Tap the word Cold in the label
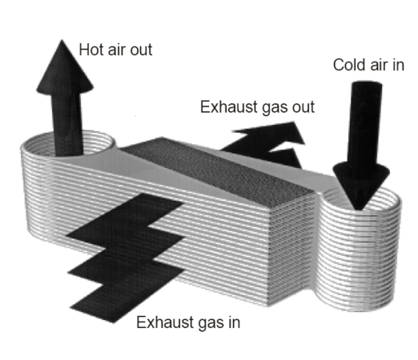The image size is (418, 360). tap(348, 65)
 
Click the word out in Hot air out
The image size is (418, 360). tap(141, 50)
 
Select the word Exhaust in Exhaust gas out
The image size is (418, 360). tap(228, 107)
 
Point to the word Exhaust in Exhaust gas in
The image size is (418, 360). tap(165, 322)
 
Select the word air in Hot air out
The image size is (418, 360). tap(117, 50)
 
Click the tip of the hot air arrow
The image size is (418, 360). tap(62, 40)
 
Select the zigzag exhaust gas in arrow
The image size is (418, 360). tap(126, 258)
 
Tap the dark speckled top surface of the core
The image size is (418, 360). tap(218, 170)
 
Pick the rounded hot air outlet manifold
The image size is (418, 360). tap(38, 186)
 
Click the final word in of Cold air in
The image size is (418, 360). tap(399, 65)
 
